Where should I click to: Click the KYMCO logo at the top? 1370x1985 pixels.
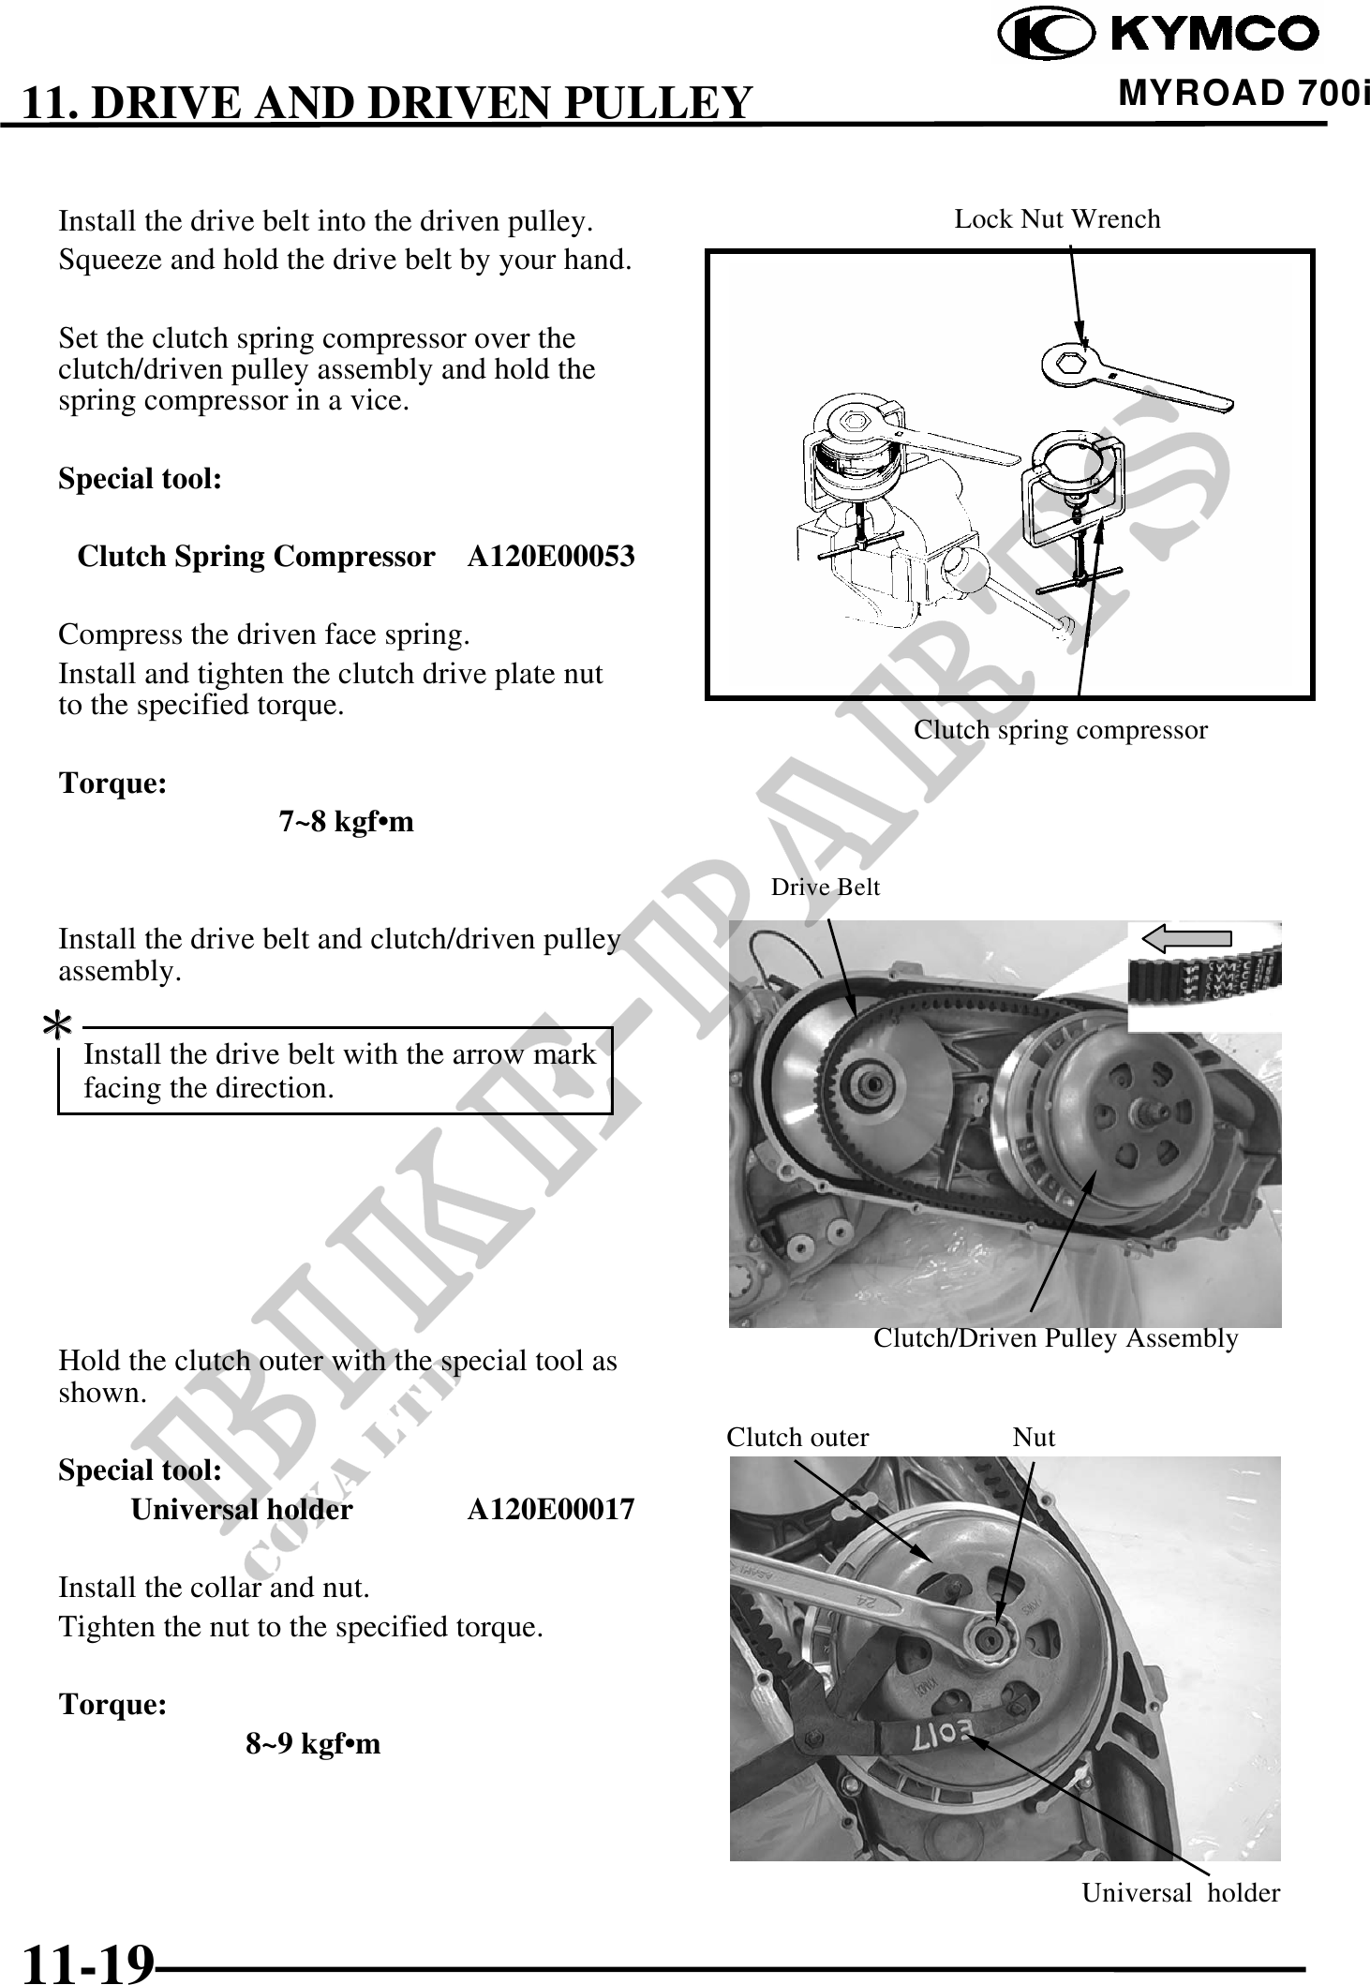point(1159,35)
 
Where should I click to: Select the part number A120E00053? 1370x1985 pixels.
point(551,557)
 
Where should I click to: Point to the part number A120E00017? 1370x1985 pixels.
point(551,1510)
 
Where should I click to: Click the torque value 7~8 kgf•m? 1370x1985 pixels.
point(346,822)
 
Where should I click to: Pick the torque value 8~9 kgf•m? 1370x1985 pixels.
point(313,1744)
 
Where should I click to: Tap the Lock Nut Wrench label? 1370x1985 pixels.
point(1057,219)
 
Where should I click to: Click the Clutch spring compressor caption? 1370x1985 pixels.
point(1061,730)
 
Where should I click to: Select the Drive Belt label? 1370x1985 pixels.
point(826,887)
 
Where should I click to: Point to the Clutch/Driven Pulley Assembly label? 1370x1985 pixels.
point(1056,1338)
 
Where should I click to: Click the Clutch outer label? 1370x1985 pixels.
point(797,1438)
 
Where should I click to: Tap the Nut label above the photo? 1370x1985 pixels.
point(1034,1438)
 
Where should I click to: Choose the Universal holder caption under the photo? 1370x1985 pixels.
point(1181,1893)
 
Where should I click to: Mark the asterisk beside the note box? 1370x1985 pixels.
point(58,1028)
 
